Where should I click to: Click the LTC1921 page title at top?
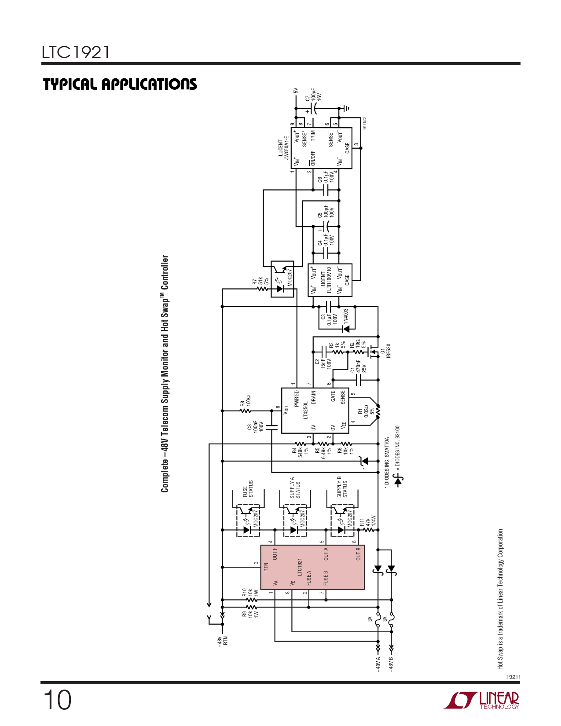pyautogui.click(x=76, y=52)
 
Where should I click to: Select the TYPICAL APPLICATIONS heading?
pyautogui.click(x=120, y=84)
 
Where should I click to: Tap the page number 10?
pyautogui.click(x=57, y=700)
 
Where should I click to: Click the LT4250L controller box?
pyautogui.click(x=315, y=411)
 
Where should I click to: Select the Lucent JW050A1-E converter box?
pyautogui.click(x=322, y=148)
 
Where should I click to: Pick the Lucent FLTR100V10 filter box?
pyautogui.click(x=330, y=280)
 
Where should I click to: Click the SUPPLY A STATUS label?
pyautogui.click(x=295, y=488)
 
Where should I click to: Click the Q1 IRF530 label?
pyautogui.click(x=385, y=351)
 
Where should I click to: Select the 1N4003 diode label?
pyautogui.click(x=346, y=316)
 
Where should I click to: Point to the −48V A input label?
pyautogui.click(x=378, y=665)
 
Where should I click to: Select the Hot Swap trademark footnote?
pyautogui.click(x=500, y=599)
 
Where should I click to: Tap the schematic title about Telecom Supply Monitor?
pyautogui.click(x=165, y=374)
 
